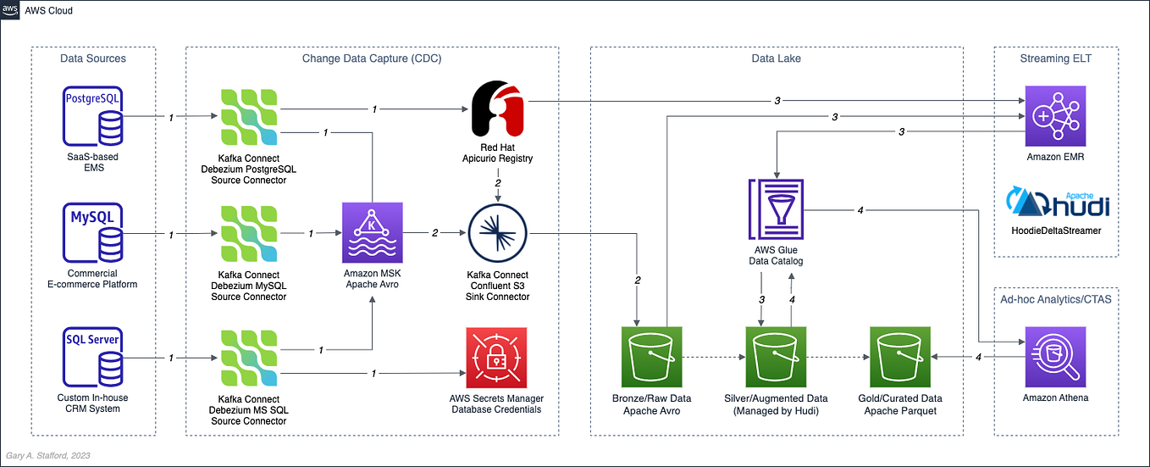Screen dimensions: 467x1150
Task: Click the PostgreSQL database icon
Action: [x=93, y=115]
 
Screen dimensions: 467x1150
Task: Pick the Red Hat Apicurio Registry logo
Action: [x=496, y=108]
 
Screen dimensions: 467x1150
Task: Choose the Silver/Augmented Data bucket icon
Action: [x=776, y=356]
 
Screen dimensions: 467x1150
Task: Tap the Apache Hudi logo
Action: [x=1056, y=205]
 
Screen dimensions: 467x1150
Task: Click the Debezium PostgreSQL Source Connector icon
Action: [x=249, y=115]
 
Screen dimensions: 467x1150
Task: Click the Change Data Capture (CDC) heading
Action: [x=371, y=58]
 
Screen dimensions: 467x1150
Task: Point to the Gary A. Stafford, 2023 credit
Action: [x=49, y=456]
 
